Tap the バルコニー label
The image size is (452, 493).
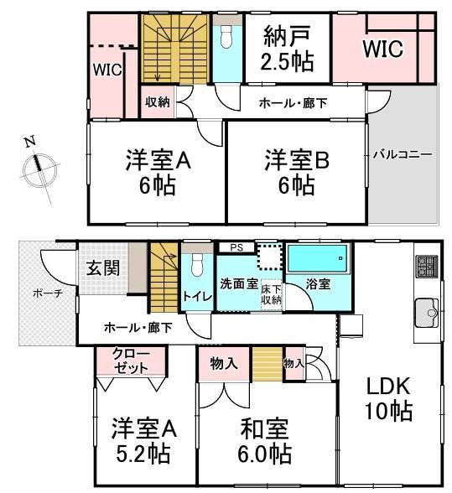coord(403,154)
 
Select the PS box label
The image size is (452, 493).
coord(236,247)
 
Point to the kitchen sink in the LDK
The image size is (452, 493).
coord(427,313)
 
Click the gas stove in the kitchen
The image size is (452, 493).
coord(427,267)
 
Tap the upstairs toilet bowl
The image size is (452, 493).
coord(226,36)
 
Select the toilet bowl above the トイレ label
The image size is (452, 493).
coord(198,265)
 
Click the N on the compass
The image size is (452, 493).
coord(30,143)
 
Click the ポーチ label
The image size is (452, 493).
coord(48,293)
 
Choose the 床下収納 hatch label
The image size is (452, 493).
coord(271,294)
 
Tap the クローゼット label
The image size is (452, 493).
coord(131,361)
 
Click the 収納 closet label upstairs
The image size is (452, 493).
coord(158,102)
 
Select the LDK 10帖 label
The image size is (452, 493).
coord(388,398)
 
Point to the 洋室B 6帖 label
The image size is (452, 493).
coord(297,173)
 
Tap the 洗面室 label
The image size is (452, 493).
coord(239,283)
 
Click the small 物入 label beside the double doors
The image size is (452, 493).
coord(294,364)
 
